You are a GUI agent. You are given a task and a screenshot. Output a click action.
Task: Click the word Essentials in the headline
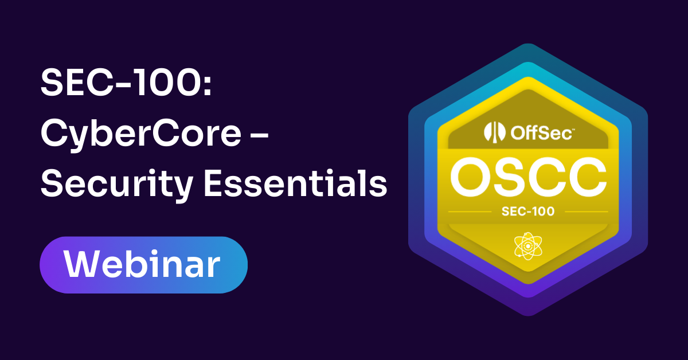[293, 184]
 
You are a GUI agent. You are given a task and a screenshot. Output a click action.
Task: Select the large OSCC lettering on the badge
[528, 178]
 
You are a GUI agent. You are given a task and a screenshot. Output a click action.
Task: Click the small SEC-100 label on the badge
[528, 212]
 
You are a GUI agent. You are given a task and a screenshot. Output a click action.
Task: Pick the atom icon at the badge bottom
[527, 246]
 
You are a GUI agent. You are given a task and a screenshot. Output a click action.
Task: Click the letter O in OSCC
[470, 178]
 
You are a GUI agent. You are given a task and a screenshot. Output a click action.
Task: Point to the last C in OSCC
[587, 178]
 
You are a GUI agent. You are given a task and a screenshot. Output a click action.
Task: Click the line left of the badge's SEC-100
[469, 212]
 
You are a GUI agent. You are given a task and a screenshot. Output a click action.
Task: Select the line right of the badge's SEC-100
[586, 212]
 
